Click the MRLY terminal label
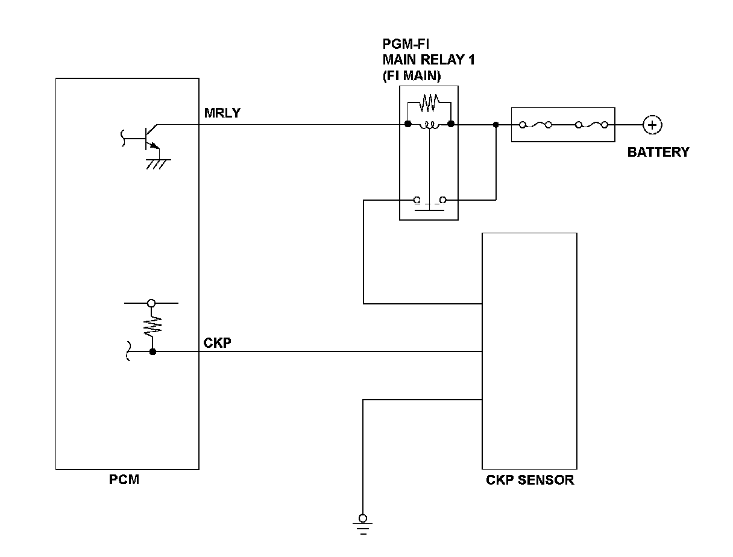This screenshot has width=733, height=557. pos(222,113)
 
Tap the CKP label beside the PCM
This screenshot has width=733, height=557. pos(217,343)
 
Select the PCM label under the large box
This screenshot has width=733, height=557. pos(124,479)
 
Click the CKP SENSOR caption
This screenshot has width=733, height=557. pos(530,480)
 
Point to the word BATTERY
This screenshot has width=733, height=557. pos(658,153)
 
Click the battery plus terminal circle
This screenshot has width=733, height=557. pos(652,125)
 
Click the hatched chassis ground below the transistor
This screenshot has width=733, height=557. pos(159,164)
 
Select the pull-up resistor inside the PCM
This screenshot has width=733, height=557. pos(153,327)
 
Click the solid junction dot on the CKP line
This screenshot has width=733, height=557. pos(153,351)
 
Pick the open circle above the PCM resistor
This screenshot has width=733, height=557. pos(151,303)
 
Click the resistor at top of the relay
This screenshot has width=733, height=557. pos(429,103)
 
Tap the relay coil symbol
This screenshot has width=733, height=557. pos(429,125)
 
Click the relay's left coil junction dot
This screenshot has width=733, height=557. pos(407,124)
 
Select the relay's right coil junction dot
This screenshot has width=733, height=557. pos(451,124)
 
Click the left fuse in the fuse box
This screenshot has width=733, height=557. pos(536,125)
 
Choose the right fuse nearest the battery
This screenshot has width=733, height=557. pos(591,125)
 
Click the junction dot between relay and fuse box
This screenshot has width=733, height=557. pos(496,125)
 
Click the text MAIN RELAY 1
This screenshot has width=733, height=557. pos(429,60)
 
